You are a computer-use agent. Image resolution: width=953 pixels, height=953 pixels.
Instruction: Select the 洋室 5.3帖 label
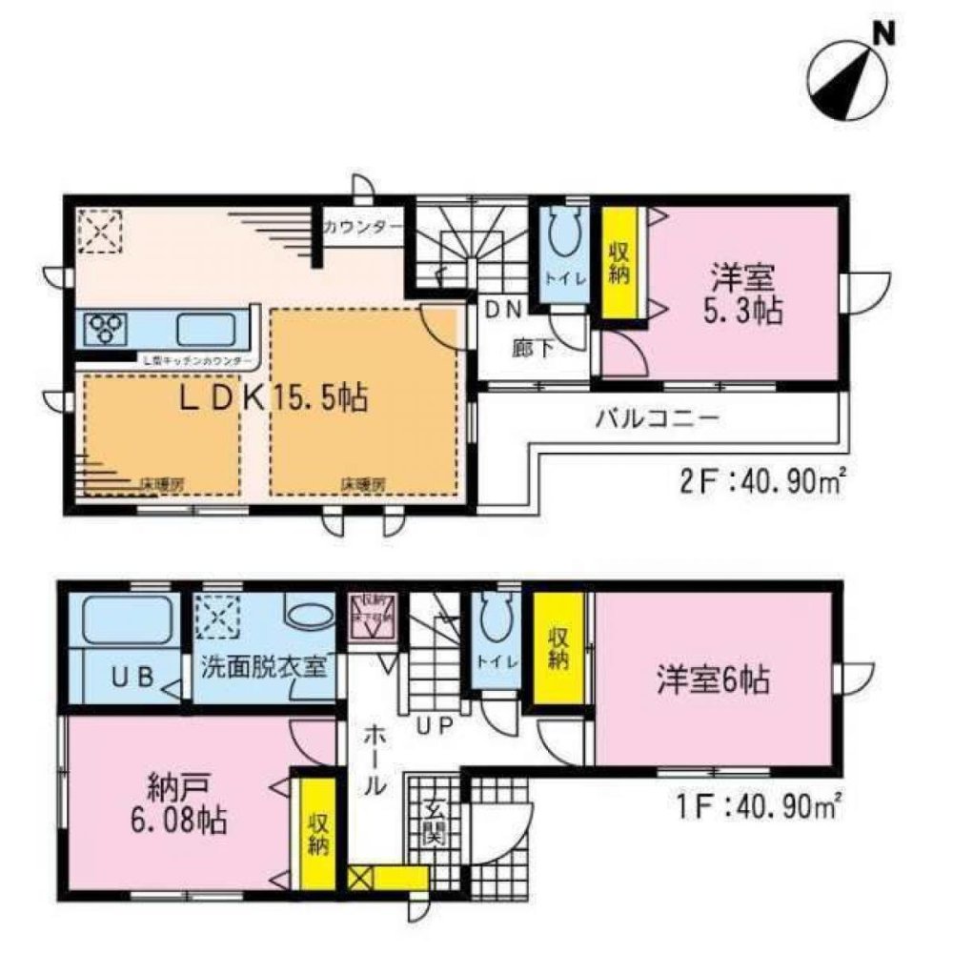point(745,295)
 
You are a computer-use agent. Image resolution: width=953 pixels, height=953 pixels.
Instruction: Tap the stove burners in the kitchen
point(106,328)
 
